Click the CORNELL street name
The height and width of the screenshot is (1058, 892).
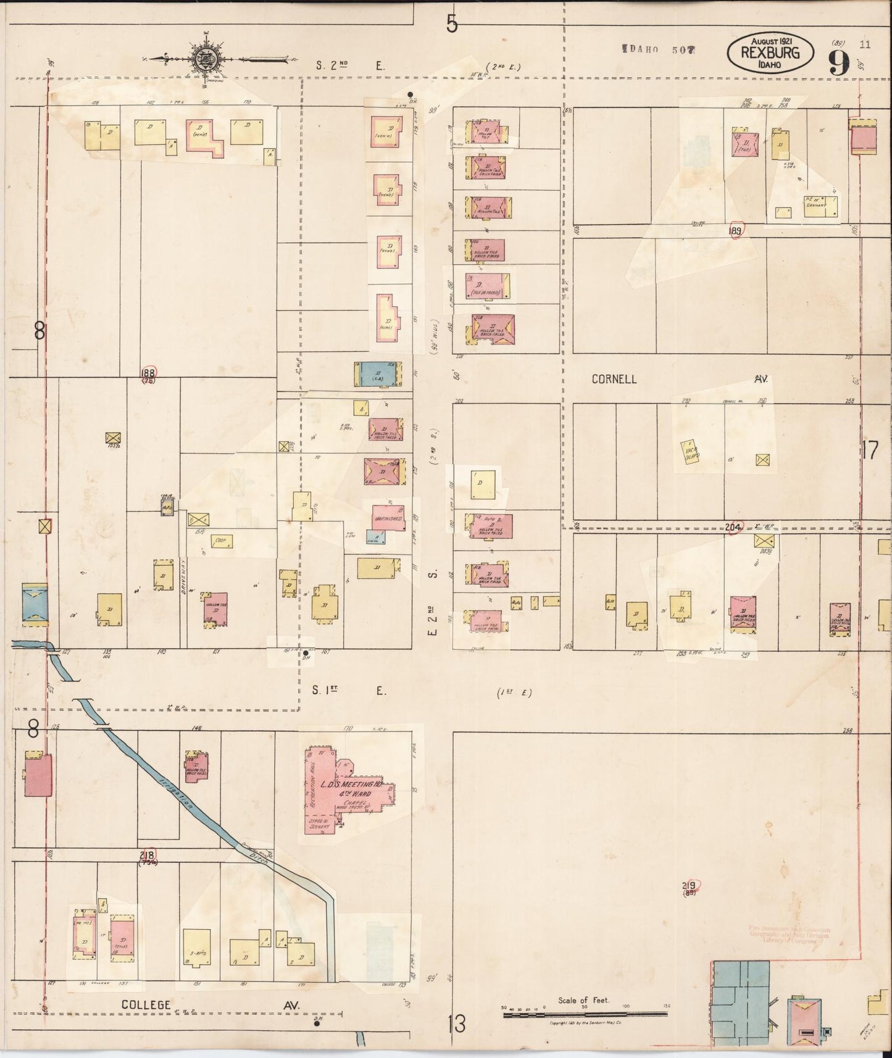(614, 379)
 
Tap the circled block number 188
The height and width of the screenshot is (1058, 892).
(148, 372)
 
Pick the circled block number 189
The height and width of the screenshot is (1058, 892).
(735, 231)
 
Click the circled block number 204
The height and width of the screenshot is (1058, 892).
(733, 528)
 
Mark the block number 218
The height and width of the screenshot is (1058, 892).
(147, 855)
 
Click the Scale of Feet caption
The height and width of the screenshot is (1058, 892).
(583, 1000)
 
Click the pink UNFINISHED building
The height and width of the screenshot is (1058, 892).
(388, 518)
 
